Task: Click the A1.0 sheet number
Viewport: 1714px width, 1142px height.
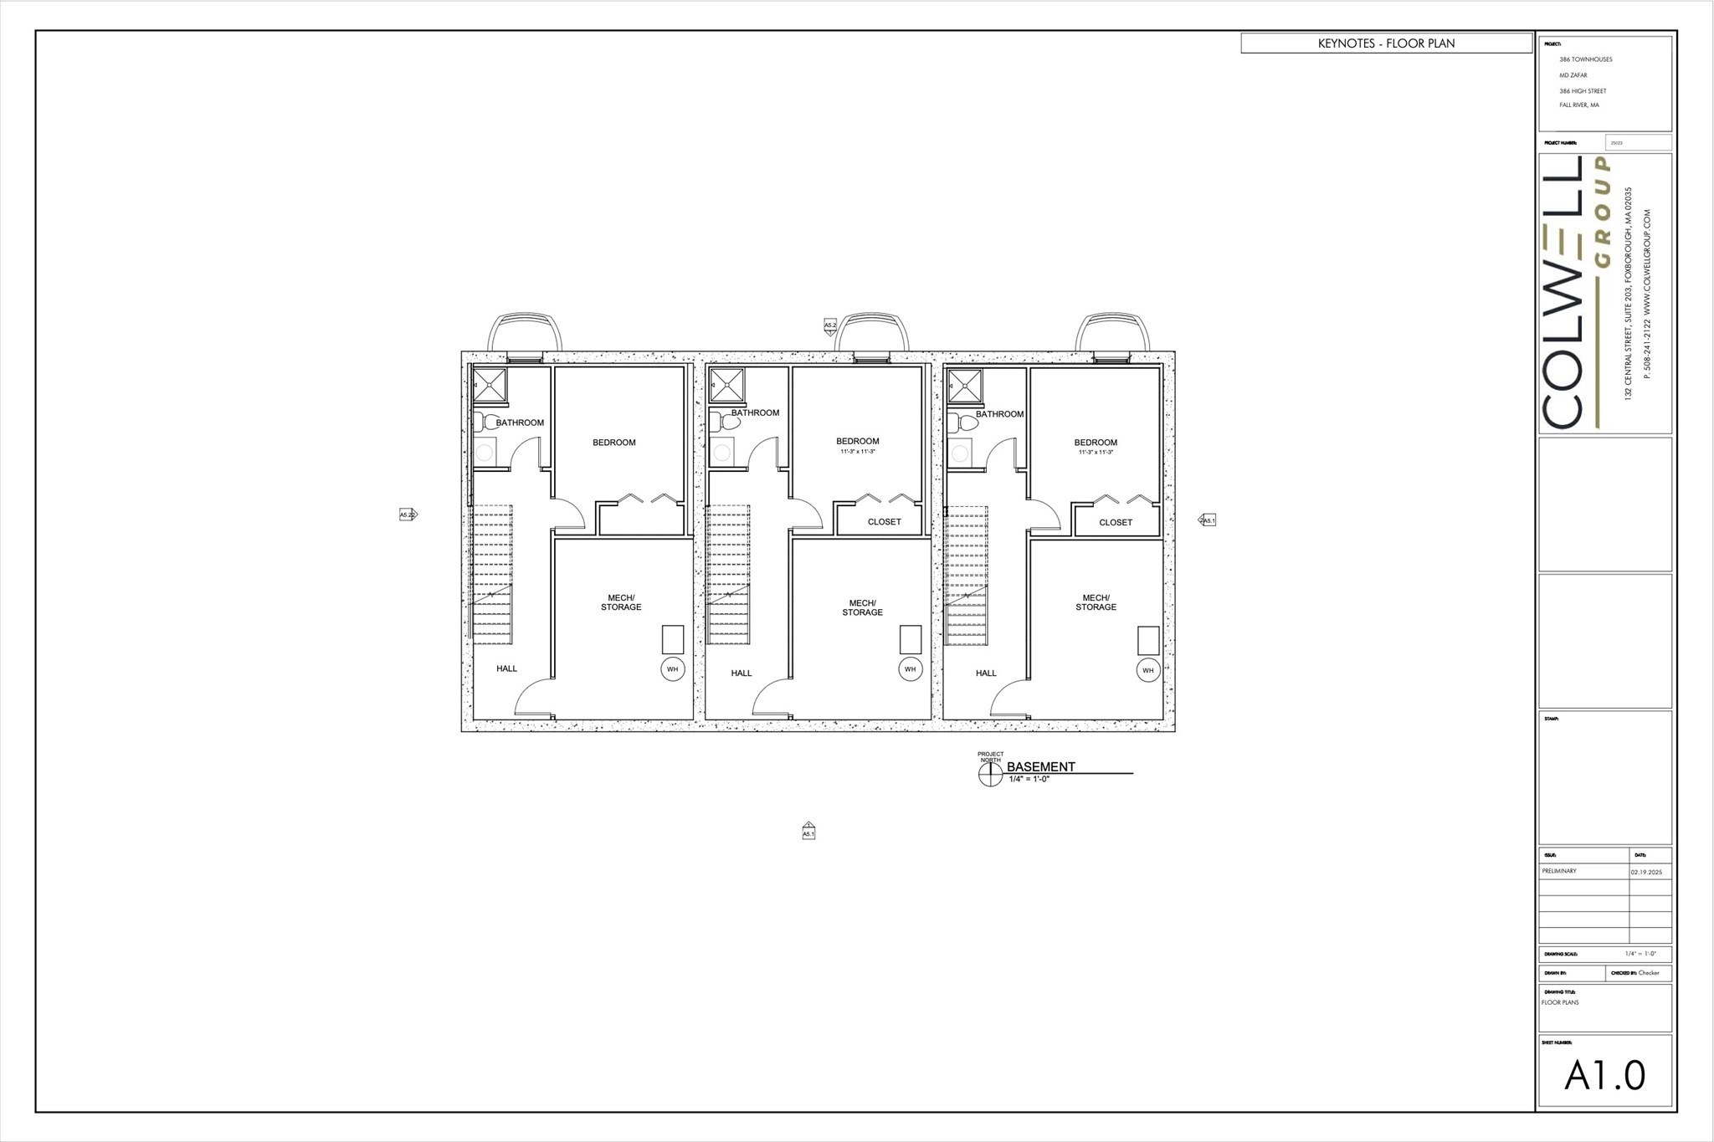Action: pyautogui.click(x=1604, y=1076)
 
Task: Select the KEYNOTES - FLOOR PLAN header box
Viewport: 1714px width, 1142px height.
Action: pyautogui.click(x=1386, y=44)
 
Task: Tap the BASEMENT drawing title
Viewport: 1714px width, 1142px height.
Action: pyautogui.click(x=1040, y=766)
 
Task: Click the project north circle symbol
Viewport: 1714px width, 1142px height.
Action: pyautogui.click(x=990, y=776)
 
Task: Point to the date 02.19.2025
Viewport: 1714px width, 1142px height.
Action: pyautogui.click(x=1646, y=872)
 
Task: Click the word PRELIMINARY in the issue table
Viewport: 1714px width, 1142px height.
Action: pyautogui.click(x=1559, y=871)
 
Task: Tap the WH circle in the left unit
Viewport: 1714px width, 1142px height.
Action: pyautogui.click(x=672, y=669)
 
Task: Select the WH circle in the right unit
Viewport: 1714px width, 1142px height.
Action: pyautogui.click(x=1147, y=670)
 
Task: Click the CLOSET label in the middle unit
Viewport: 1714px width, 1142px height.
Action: pyautogui.click(x=884, y=522)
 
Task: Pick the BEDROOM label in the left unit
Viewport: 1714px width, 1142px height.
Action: pyautogui.click(x=614, y=443)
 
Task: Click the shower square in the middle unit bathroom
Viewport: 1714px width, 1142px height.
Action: pyautogui.click(x=726, y=386)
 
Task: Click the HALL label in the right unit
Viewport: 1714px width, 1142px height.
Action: pyautogui.click(x=986, y=673)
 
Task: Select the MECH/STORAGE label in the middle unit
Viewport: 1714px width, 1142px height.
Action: pyautogui.click(x=862, y=607)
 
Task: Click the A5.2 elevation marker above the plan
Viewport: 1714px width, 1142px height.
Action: pyautogui.click(x=830, y=325)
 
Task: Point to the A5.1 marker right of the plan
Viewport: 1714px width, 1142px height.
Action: pyautogui.click(x=1208, y=520)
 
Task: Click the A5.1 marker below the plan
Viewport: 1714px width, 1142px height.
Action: pyautogui.click(x=808, y=832)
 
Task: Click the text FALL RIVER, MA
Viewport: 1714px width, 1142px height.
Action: pyautogui.click(x=1578, y=105)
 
